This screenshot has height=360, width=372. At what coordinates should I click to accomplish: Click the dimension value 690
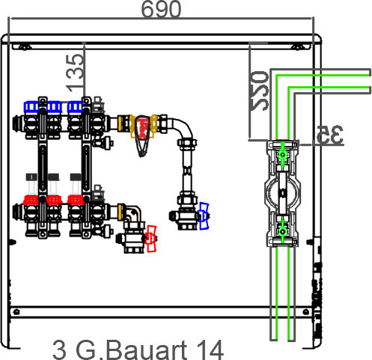[161, 9]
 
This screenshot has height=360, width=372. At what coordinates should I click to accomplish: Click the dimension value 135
[74, 73]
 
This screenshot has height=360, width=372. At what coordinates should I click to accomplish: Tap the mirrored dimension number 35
[329, 134]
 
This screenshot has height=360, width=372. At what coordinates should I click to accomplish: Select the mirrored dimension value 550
[260, 91]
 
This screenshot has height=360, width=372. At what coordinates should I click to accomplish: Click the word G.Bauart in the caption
[132, 350]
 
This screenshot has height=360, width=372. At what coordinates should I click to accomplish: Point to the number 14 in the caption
[210, 350]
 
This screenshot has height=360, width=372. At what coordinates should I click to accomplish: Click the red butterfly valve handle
[151, 239]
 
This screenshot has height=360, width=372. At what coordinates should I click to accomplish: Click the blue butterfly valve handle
[204, 216]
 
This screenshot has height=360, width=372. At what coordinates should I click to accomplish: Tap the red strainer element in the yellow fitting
[142, 128]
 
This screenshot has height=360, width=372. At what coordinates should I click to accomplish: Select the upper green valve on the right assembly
[282, 155]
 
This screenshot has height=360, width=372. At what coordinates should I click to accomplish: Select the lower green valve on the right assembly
[282, 231]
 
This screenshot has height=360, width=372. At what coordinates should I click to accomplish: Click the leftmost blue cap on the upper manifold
[31, 107]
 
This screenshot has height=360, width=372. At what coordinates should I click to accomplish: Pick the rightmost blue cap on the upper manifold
[75, 107]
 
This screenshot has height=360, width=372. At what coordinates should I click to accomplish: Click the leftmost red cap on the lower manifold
[31, 201]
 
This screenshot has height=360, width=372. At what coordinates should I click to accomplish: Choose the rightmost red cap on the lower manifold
[76, 201]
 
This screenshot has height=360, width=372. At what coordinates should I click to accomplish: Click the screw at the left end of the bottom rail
[16, 312]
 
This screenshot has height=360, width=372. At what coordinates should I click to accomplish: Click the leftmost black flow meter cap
[31, 177]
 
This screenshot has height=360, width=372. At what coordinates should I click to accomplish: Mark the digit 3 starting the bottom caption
[59, 350]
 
